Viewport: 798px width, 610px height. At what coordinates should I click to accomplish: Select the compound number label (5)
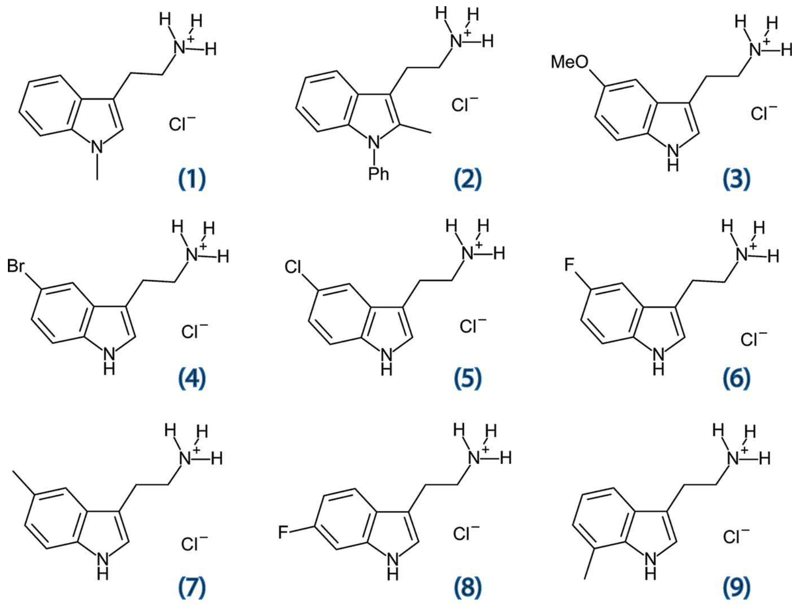tap(468, 378)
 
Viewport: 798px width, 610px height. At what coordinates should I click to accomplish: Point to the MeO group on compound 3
tap(569, 62)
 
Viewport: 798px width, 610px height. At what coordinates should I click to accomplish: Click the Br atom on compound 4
tap(16, 266)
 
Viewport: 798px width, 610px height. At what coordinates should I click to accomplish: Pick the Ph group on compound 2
tap(378, 174)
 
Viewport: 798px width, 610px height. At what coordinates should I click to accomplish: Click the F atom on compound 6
tap(569, 265)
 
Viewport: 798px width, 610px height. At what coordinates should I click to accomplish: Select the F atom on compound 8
tap(283, 533)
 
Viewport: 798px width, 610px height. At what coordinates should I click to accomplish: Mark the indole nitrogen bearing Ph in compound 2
tap(374, 142)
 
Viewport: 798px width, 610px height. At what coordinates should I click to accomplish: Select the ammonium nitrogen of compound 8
tap(474, 458)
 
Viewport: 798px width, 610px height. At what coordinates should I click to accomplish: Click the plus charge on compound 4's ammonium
tap(203, 247)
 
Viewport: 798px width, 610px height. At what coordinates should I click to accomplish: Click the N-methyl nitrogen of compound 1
tap(97, 146)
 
